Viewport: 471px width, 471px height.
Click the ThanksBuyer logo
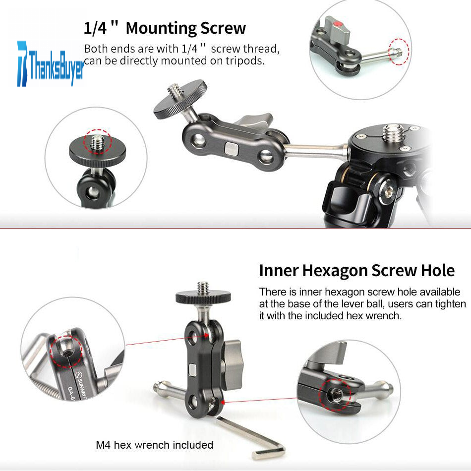(x=51, y=64)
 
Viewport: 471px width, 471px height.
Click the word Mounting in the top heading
(x=161, y=29)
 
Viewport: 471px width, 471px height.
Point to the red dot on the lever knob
(x=338, y=24)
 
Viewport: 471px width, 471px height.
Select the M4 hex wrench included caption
(x=154, y=445)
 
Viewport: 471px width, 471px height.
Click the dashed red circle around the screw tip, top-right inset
(x=399, y=52)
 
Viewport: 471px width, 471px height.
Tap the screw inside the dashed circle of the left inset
(x=97, y=142)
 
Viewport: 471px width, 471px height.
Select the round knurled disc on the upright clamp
(x=203, y=297)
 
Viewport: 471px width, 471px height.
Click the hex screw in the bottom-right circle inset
(x=335, y=395)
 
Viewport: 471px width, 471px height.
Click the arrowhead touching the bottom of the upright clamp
(x=223, y=402)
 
